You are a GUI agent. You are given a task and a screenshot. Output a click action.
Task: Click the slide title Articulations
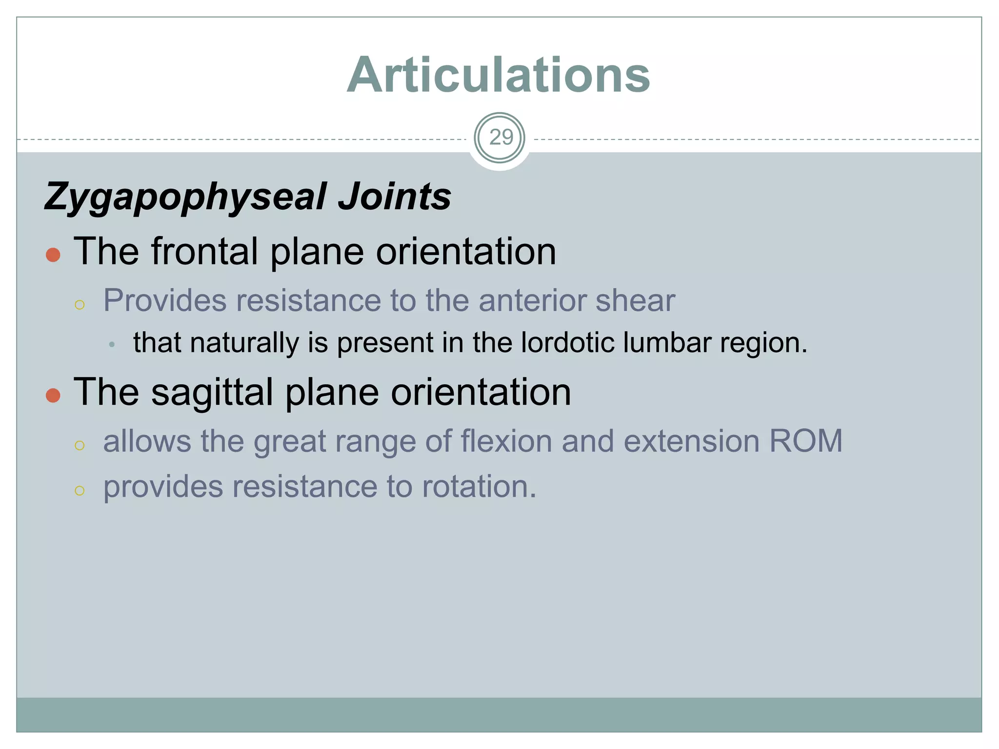coord(499,75)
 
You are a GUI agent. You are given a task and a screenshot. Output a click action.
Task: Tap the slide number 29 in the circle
coord(500,138)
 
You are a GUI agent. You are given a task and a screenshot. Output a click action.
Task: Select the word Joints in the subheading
coord(395,197)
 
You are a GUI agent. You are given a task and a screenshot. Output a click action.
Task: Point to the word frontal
coord(204,252)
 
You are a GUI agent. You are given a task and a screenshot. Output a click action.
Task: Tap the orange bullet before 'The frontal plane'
coord(53,255)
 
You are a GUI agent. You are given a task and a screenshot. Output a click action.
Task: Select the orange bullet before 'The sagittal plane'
coord(53,395)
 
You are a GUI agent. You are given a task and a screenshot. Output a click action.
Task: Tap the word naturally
coord(244,343)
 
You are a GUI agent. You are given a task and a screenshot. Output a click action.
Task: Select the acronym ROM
coord(805,441)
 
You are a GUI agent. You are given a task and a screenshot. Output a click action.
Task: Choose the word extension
coord(692,441)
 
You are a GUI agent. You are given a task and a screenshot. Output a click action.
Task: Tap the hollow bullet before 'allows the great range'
coord(80,445)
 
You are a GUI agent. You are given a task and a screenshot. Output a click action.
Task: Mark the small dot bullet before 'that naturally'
coord(112,345)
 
